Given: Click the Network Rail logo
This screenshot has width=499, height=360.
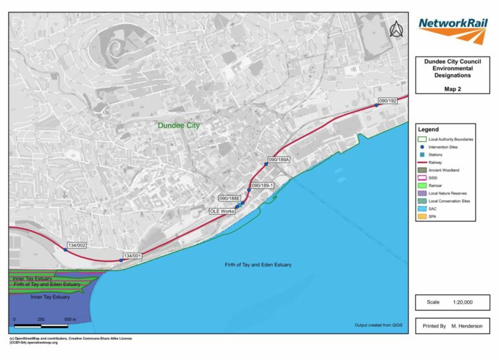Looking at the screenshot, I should click(x=452, y=29).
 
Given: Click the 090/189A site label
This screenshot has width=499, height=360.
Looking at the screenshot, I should click(x=279, y=160).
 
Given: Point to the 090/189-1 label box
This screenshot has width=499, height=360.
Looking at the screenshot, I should click(x=264, y=186).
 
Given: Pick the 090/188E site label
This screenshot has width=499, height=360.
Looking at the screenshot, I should click(x=230, y=198).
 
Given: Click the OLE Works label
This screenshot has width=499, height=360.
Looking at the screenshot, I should click(x=222, y=211).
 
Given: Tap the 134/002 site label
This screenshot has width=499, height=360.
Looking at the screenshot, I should click(x=77, y=246).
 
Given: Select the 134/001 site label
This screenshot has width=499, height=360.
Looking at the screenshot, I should click(x=133, y=256).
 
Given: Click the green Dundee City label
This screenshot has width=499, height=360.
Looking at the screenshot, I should click(x=178, y=125).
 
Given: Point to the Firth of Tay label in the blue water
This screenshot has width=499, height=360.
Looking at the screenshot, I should click(x=258, y=265).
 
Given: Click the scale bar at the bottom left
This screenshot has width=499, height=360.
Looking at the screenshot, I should click(x=42, y=325).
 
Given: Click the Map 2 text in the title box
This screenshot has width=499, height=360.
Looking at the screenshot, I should click(x=453, y=88).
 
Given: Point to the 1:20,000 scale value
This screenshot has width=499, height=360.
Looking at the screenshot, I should click(x=463, y=303).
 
